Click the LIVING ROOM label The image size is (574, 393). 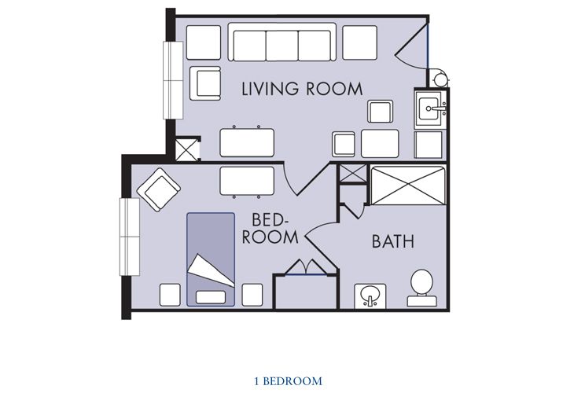tap(302, 88)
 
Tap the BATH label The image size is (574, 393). tap(393, 241)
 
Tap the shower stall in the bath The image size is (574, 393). tap(407, 186)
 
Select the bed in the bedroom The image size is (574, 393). tap(211, 259)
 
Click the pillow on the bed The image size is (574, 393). tap(210, 297)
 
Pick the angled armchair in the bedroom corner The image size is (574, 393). tap(160, 190)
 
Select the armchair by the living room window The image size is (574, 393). tap(208, 83)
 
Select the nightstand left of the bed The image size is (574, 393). tap(171, 294)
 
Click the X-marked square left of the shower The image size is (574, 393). tap(351, 174)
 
